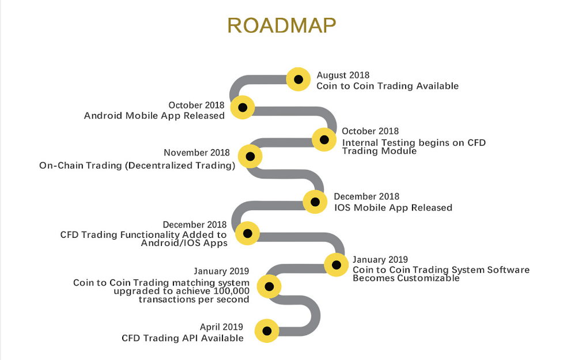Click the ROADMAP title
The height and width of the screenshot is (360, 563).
[x=281, y=25]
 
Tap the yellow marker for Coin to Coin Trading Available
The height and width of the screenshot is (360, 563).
[x=298, y=79]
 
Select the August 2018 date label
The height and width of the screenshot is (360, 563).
[x=343, y=75]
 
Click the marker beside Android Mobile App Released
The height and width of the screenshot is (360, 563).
[x=243, y=107]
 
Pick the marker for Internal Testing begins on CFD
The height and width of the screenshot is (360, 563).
[x=324, y=139]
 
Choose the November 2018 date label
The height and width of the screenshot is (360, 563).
[x=197, y=153]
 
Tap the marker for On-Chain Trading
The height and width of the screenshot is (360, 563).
[x=250, y=157]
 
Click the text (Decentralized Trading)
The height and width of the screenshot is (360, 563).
[x=180, y=165]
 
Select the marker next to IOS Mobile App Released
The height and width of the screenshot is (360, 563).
[x=315, y=202]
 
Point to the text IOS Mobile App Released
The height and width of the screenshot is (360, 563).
[x=393, y=208]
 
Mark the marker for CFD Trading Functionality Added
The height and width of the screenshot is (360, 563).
[x=247, y=233]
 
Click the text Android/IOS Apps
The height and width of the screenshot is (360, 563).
[x=184, y=243]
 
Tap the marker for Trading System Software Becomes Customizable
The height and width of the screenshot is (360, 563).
[x=337, y=265]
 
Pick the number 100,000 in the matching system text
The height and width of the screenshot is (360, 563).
[x=231, y=291]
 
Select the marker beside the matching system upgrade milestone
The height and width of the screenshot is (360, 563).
[x=269, y=286]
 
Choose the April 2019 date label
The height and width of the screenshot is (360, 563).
[x=221, y=327]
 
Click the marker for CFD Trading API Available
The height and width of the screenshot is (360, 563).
[x=267, y=331]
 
